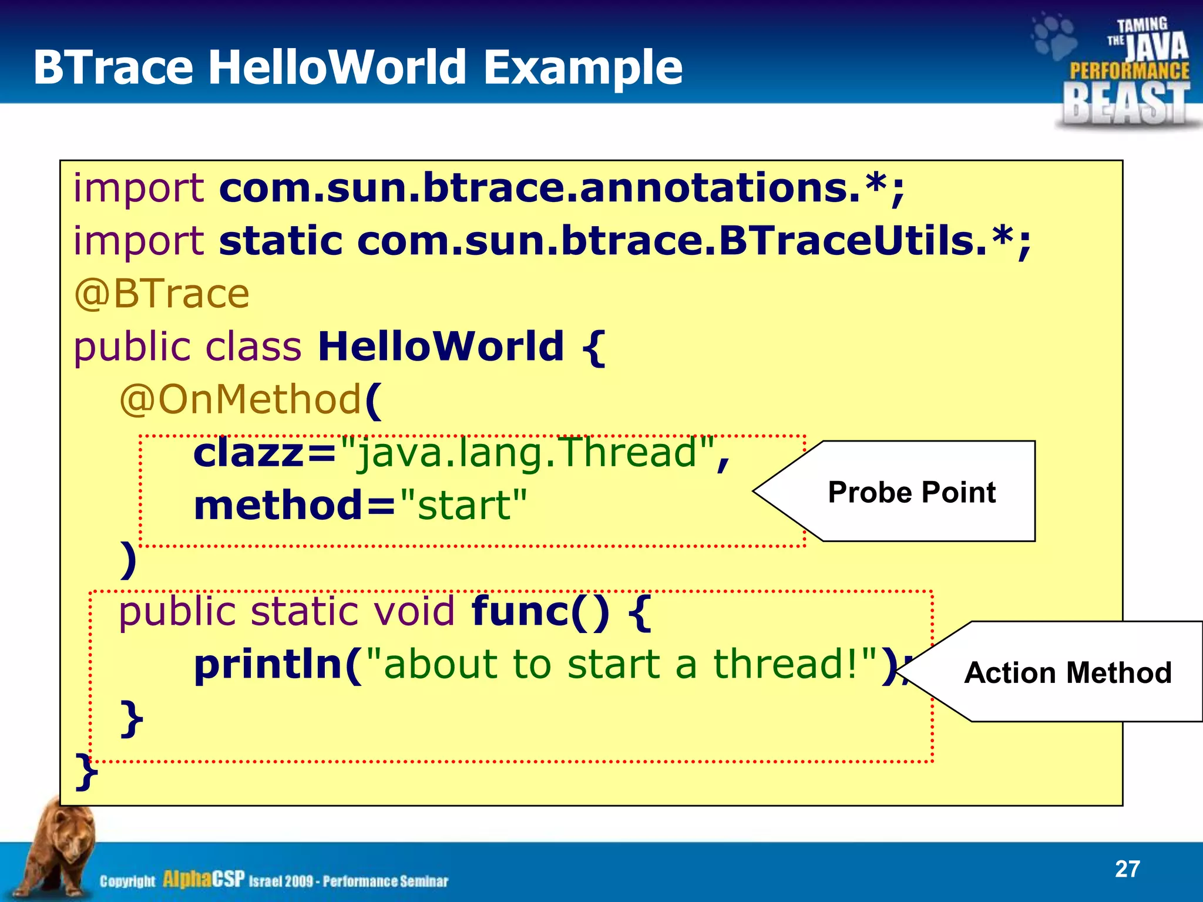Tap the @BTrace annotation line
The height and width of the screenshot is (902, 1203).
point(162,294)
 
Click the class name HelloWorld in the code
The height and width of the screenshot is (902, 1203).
point(441,346)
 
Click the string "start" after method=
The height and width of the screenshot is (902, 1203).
point(463,506)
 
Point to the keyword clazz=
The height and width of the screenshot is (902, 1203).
point(264,453)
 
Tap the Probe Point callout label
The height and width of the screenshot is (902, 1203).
point(911,492)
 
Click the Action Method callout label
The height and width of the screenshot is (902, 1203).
point(1067,672)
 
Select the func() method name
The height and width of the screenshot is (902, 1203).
point(540,611)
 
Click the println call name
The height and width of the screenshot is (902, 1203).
point(268,665)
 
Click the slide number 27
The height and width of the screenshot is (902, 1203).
point(1127,869)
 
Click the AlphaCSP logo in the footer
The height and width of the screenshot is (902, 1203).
point(203,879)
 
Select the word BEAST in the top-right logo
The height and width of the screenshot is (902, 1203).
point(1125,103)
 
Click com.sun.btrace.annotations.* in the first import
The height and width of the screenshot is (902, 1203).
point(561,188)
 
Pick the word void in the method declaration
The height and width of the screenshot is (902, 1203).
point(414,611)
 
